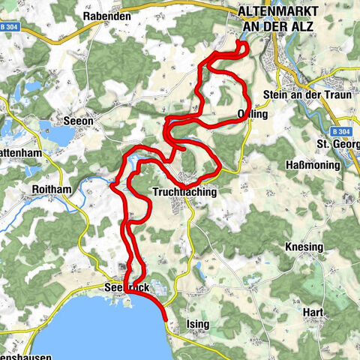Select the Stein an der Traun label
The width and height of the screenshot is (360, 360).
click(297, 94)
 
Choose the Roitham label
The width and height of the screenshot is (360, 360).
click(52, 190)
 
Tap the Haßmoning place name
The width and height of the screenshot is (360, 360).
click(307, 164)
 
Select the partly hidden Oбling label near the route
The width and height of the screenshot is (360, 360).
click(253, 114)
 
